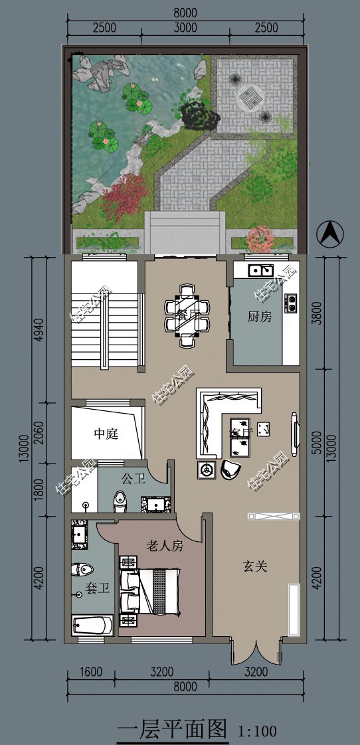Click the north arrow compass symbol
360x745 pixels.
[330, 234]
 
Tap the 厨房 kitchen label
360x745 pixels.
[260, 317]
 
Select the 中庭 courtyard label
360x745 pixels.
[106, 434]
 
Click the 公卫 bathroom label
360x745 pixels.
[133, 478]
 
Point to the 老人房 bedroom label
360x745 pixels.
[164, 546]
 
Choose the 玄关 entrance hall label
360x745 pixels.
[254, 566]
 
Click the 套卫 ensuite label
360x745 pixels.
[98, 588]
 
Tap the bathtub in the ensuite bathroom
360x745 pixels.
[92, 625]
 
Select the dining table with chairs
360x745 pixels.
[187, 315]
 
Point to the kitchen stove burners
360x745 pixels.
[291, 303]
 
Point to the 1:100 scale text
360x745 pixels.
[256, 732]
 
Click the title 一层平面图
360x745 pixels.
[172, 730]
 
